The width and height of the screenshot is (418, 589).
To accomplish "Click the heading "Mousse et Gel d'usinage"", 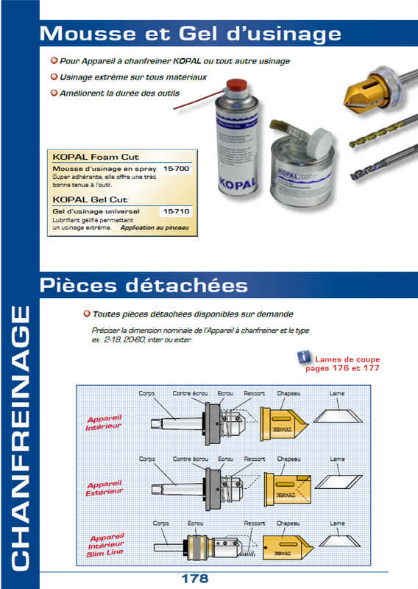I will pos(190,33).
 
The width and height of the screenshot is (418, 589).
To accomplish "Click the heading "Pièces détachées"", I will pos(144,284).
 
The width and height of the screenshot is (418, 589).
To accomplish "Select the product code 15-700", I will pos(176,169).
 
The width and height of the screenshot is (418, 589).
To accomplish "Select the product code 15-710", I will pos(176,211).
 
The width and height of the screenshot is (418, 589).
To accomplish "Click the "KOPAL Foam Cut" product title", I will pos(96,157).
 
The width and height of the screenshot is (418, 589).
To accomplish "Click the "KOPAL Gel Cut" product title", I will pos(91,200).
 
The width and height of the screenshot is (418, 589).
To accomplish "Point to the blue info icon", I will pos(302,357).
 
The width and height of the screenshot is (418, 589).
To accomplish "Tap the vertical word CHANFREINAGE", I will pos(20,434).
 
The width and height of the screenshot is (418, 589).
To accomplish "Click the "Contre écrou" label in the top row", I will pos(189,393).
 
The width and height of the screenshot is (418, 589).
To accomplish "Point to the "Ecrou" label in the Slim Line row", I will pos(195,523).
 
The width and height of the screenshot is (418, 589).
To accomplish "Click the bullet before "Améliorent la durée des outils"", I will pos(53,94).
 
